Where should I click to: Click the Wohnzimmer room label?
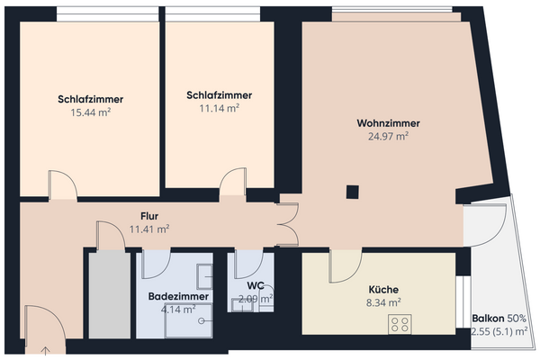pos(389,123)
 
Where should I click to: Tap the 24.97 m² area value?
pos(389,137)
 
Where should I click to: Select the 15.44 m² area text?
pos(90,112)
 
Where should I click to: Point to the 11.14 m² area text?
pos(219,108)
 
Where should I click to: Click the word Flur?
pos(149,216)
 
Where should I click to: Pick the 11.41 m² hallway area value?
pos(149,229)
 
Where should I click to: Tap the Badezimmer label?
pos(178,296)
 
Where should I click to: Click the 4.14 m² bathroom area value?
pos(178,310)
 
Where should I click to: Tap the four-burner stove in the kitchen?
pos(400,324)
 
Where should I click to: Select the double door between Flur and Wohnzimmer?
pos(288,225)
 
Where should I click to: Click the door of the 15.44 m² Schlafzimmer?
pos(63,186)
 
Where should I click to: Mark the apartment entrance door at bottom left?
pos(42,328)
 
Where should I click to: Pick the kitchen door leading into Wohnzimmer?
pos(346,266)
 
